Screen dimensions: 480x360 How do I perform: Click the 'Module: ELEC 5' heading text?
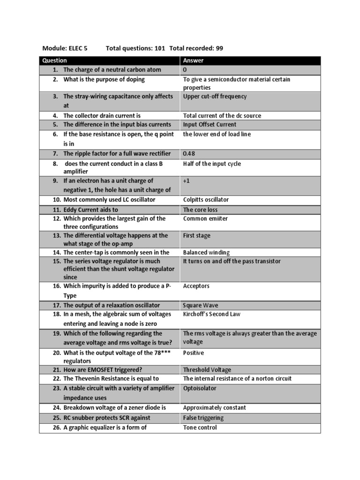tap(65, 48)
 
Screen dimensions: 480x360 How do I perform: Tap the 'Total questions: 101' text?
tap(135, 48)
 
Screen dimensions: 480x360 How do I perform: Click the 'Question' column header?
tap(54, 60)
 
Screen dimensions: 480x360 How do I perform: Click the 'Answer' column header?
tap(193, 60)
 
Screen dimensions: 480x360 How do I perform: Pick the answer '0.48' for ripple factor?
tap(188, 153)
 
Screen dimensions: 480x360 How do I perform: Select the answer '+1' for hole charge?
tap(186, 180)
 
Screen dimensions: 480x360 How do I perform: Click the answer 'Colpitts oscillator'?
tap(206, 200)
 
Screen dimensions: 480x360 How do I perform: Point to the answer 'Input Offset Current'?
tap(210, 125)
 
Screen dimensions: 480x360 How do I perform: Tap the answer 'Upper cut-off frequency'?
tap(215, 97)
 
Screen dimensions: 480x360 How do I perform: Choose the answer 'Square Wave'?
tap(201, 305)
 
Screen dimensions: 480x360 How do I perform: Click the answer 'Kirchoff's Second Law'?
tap(211, 314)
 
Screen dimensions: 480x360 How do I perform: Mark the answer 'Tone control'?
tap(200, 427)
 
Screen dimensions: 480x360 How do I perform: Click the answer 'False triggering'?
tap(203, 418)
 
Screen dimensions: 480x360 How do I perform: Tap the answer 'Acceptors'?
tap(196, 286)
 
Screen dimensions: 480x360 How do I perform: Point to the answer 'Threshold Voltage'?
tap(207, 370)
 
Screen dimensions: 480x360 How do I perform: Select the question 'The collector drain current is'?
tap(102, 115)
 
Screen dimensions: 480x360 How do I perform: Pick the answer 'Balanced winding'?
tap(206, 253)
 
